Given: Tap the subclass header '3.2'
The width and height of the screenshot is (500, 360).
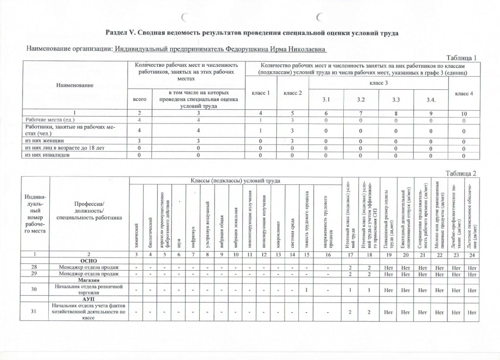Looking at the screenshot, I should pos(361,100).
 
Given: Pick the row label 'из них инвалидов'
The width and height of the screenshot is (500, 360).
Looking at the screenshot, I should pos(46,155).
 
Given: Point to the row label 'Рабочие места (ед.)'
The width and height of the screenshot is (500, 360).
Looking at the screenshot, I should pos(49,120).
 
